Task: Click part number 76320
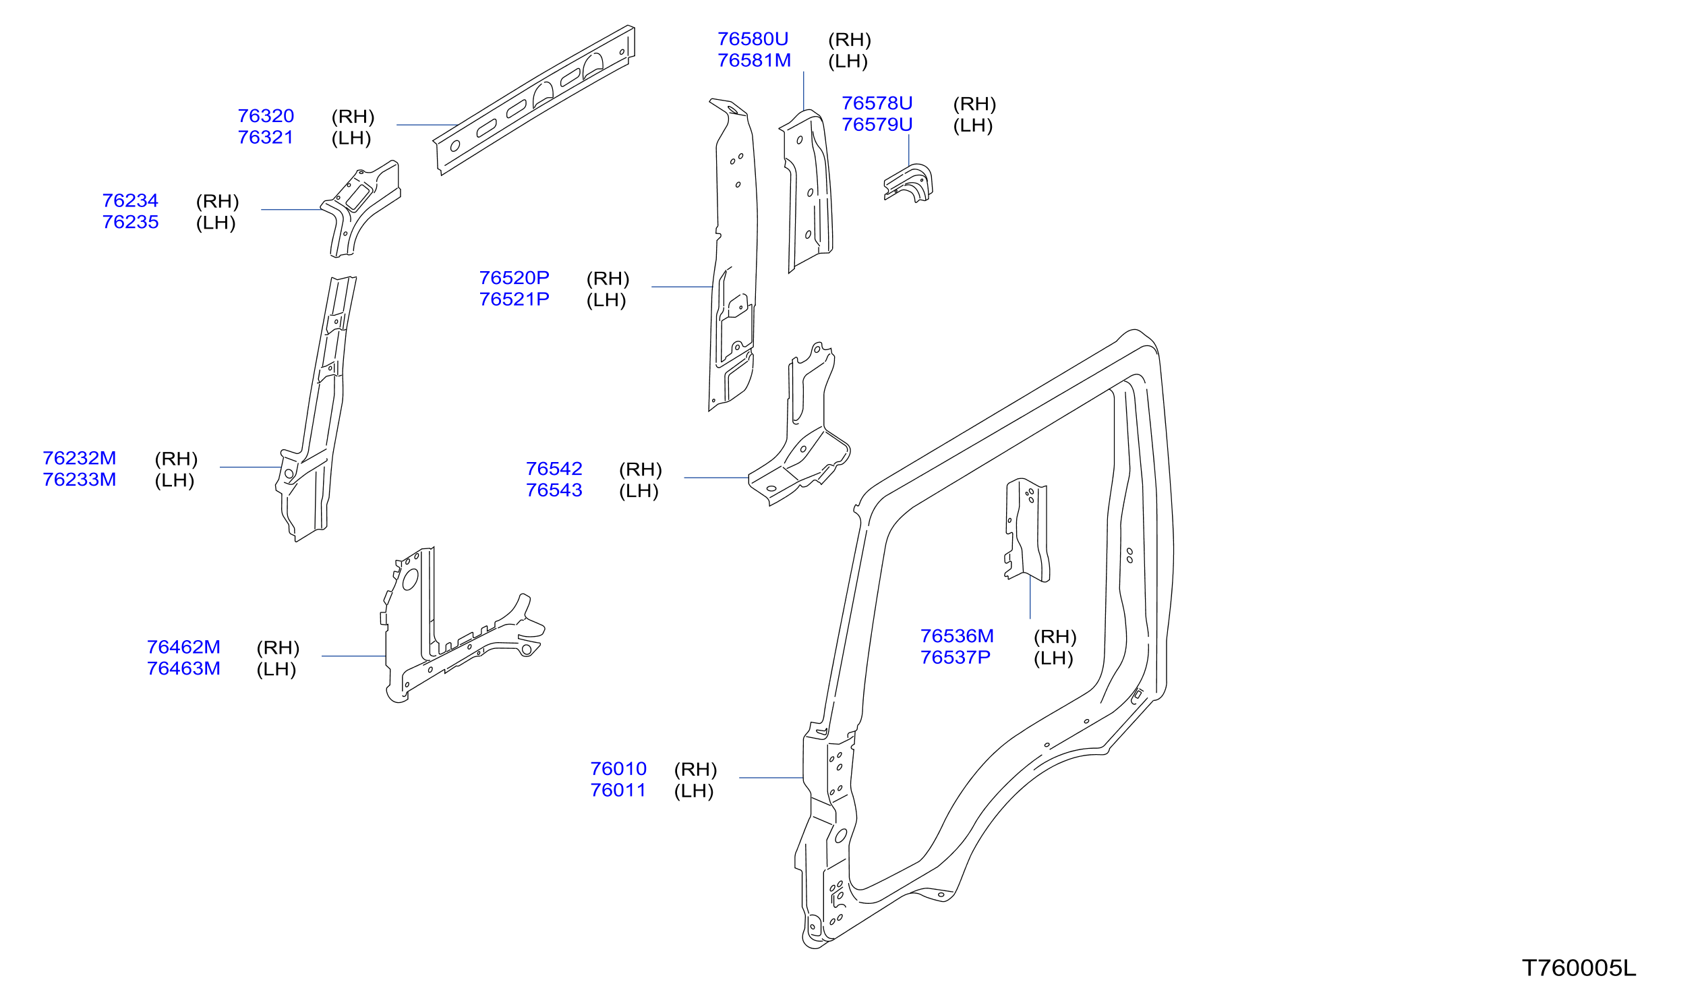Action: click(x=266, y=116)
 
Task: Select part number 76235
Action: click(x=130, y=222)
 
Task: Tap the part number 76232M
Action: click(x=79, y=459)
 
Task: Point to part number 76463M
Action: click(x=183, y=668)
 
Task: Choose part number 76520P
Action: click(x=514, y=279)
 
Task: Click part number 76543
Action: click(x=554, y=490)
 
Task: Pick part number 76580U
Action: click(x=753, y=39)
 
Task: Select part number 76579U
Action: click(x=877, y=125)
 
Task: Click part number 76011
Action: click(x=618, y=791)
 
